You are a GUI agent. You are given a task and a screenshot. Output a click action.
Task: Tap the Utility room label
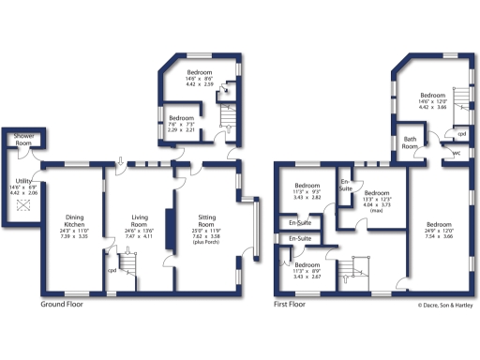(x=22, y=182)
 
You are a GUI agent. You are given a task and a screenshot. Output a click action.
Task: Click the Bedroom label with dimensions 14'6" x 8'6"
(x=199, y=72)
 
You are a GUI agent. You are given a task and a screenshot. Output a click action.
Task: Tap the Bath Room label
(x=410, y=142)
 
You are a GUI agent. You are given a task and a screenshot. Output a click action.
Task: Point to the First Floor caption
(x=291, y=305)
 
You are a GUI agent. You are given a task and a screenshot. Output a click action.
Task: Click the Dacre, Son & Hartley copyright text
(x=445, y=305)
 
